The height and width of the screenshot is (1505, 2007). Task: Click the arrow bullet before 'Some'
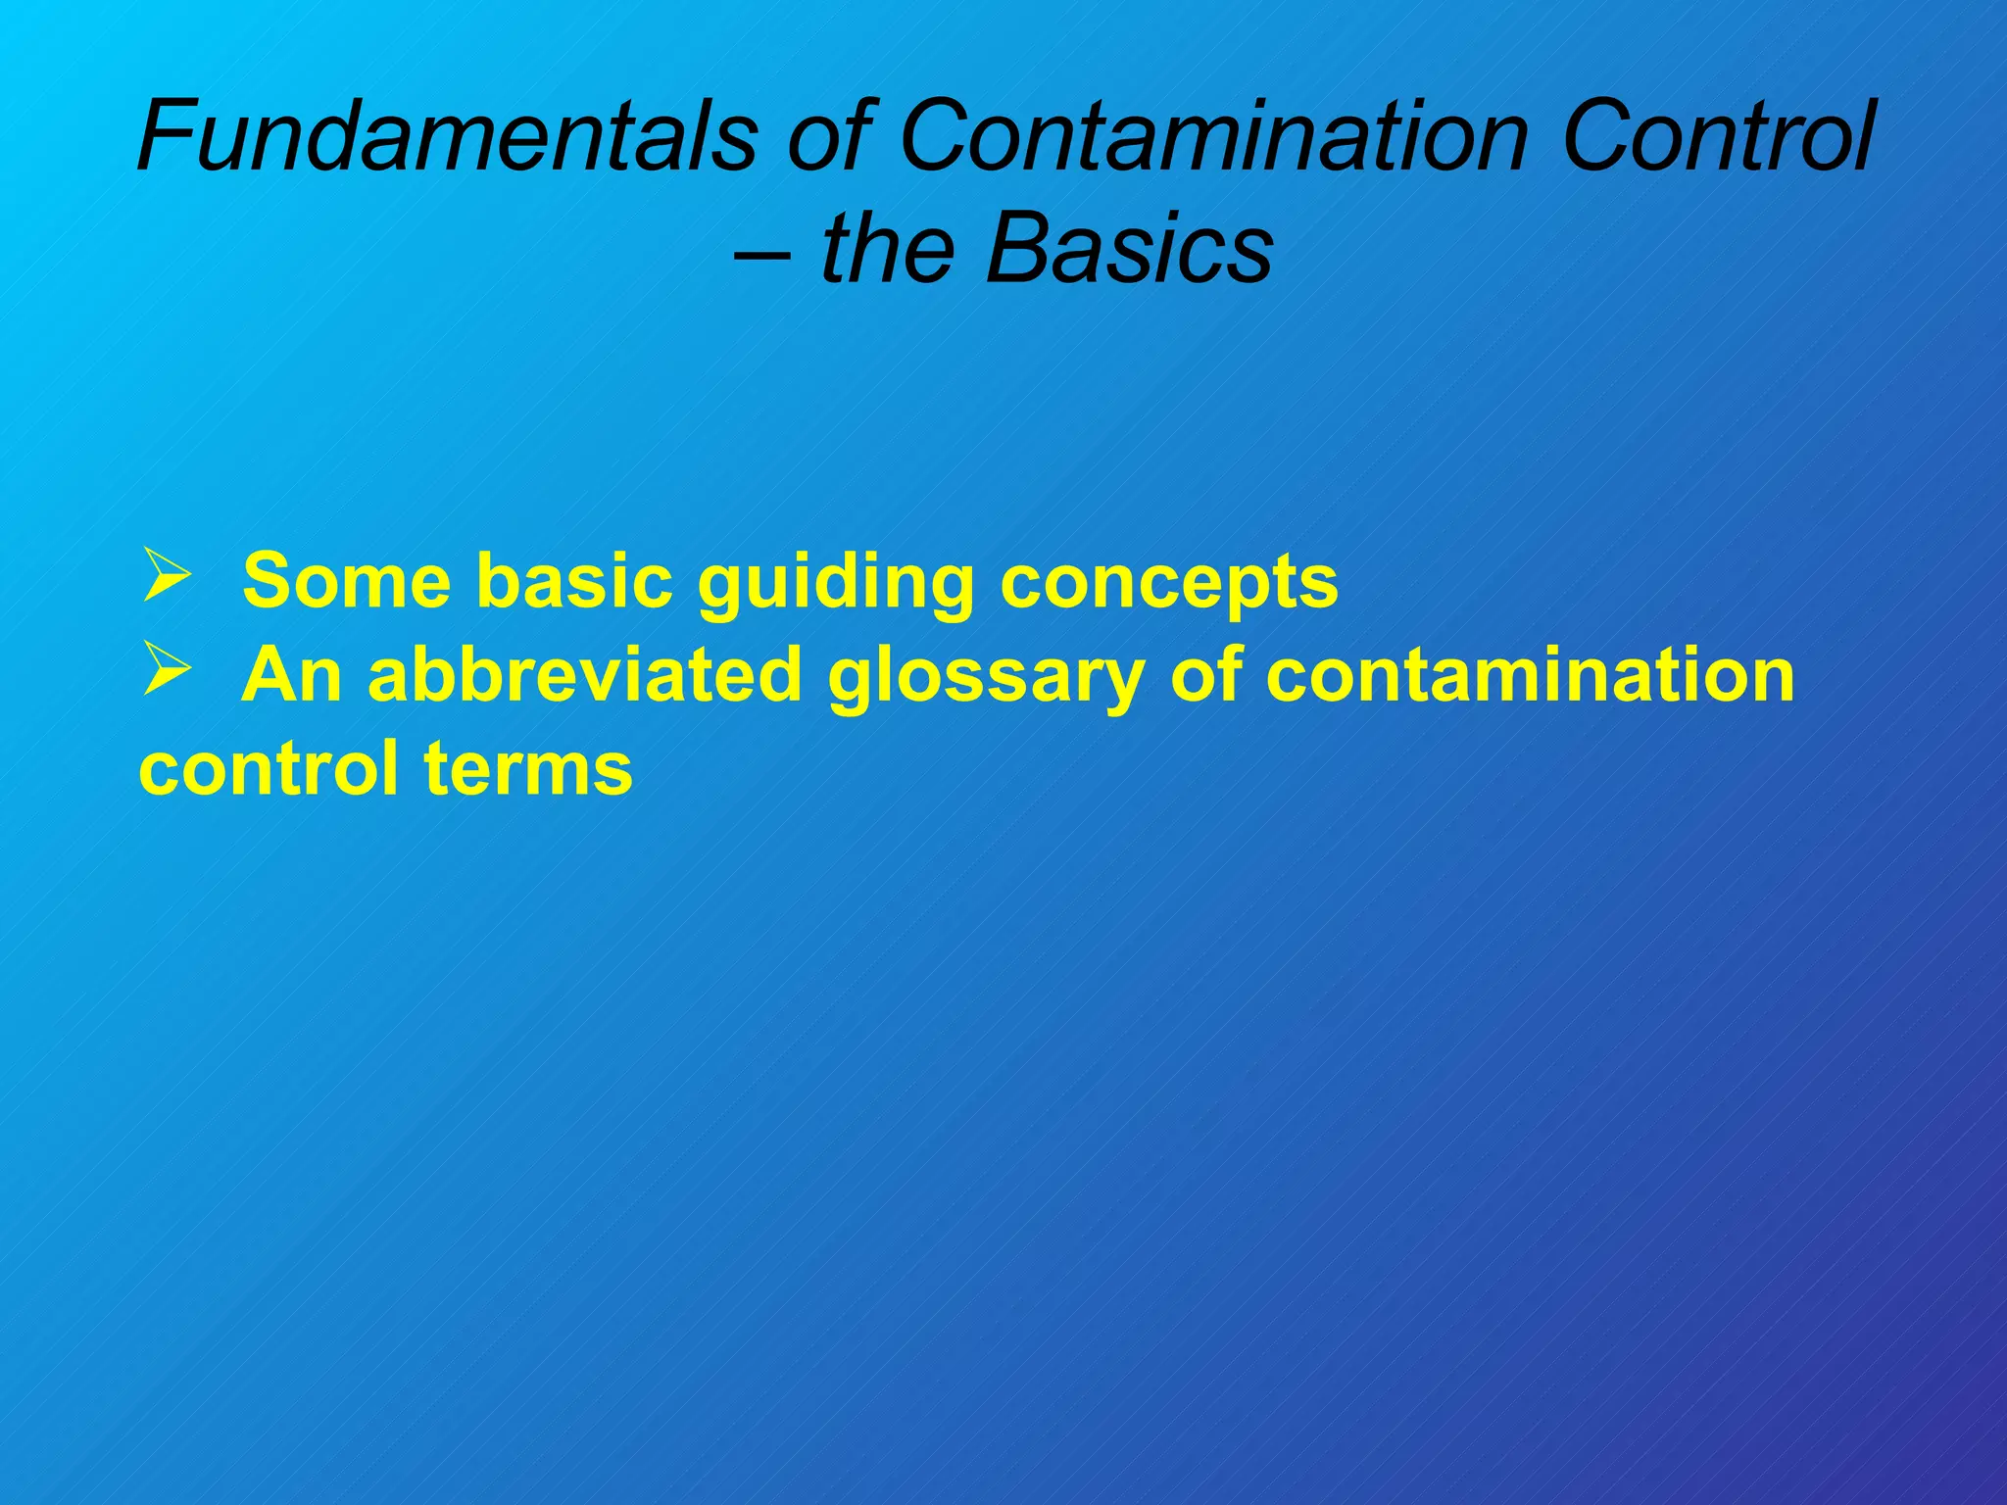click(x=166, y=576)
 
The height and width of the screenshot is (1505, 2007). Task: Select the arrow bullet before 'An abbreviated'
click(x=166, y=670)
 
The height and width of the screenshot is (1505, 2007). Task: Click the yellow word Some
click(x=347, y=581)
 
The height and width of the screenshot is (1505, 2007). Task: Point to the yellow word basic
click(x=574, y=581)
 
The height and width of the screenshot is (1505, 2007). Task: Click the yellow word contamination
click(x=1530, y=675)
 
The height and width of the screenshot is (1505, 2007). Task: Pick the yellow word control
click(x=269, y=768)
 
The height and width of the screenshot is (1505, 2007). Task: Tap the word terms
click(x=528, y=770)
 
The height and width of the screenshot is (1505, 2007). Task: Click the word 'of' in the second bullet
click(x=1204, y=675)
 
